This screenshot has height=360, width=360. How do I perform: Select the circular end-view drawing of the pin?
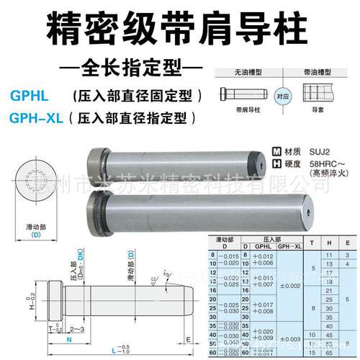pos(30,181)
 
